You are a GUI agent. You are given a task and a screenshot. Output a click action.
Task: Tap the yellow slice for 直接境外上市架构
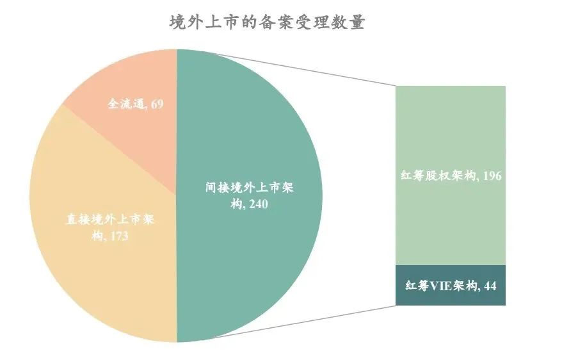[96, 269]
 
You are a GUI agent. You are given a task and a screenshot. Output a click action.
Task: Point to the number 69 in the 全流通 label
[157, 103]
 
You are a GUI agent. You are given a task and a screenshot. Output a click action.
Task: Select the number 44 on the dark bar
[490, 286]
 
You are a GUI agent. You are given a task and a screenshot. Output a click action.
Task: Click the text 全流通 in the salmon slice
[125, 103]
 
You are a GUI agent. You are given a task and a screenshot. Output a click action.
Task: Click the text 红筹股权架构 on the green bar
[437, 176]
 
